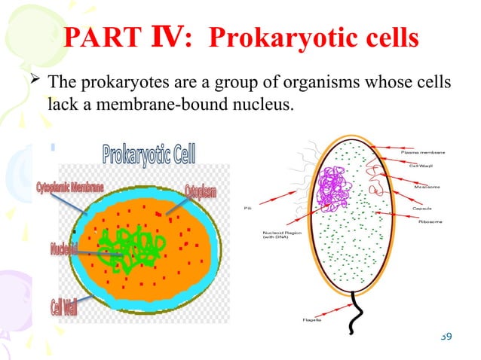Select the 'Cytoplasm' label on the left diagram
200,192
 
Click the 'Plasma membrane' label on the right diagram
427,152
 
